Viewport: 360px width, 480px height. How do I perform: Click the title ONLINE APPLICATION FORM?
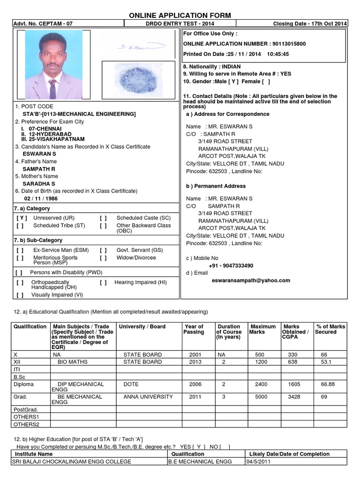(x=180, y=15)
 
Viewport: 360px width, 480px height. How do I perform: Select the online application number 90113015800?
(x=288, y=44)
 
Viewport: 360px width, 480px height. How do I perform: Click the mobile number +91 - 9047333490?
(x=231, y=265)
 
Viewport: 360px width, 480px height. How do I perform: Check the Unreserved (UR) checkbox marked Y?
(x=22, y=218)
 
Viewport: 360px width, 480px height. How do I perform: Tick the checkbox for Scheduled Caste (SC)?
(x=103, y=218)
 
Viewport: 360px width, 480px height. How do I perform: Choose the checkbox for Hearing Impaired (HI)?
(x=103, y=283)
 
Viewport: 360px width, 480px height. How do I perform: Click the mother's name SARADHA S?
(x=39, y=184)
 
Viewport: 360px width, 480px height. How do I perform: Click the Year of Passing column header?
(x=194, y=329)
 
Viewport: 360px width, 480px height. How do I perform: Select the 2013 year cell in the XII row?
(x=195, y=362)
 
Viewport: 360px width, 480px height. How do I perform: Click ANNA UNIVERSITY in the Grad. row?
(x=148, y=397)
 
